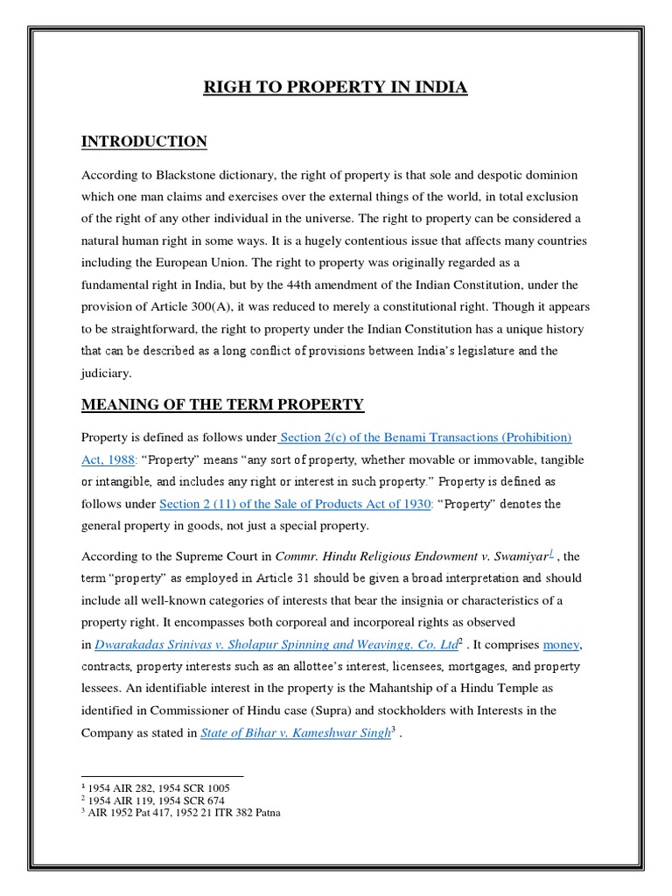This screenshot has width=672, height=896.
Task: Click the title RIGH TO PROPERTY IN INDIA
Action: point(336,87)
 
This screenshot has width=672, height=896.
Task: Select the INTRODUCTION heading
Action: point(144,142)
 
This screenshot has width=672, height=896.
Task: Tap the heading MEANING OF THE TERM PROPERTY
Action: point(222,404)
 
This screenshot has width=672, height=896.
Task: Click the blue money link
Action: point(561,645)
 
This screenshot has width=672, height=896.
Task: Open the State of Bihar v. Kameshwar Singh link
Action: point(294,733)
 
